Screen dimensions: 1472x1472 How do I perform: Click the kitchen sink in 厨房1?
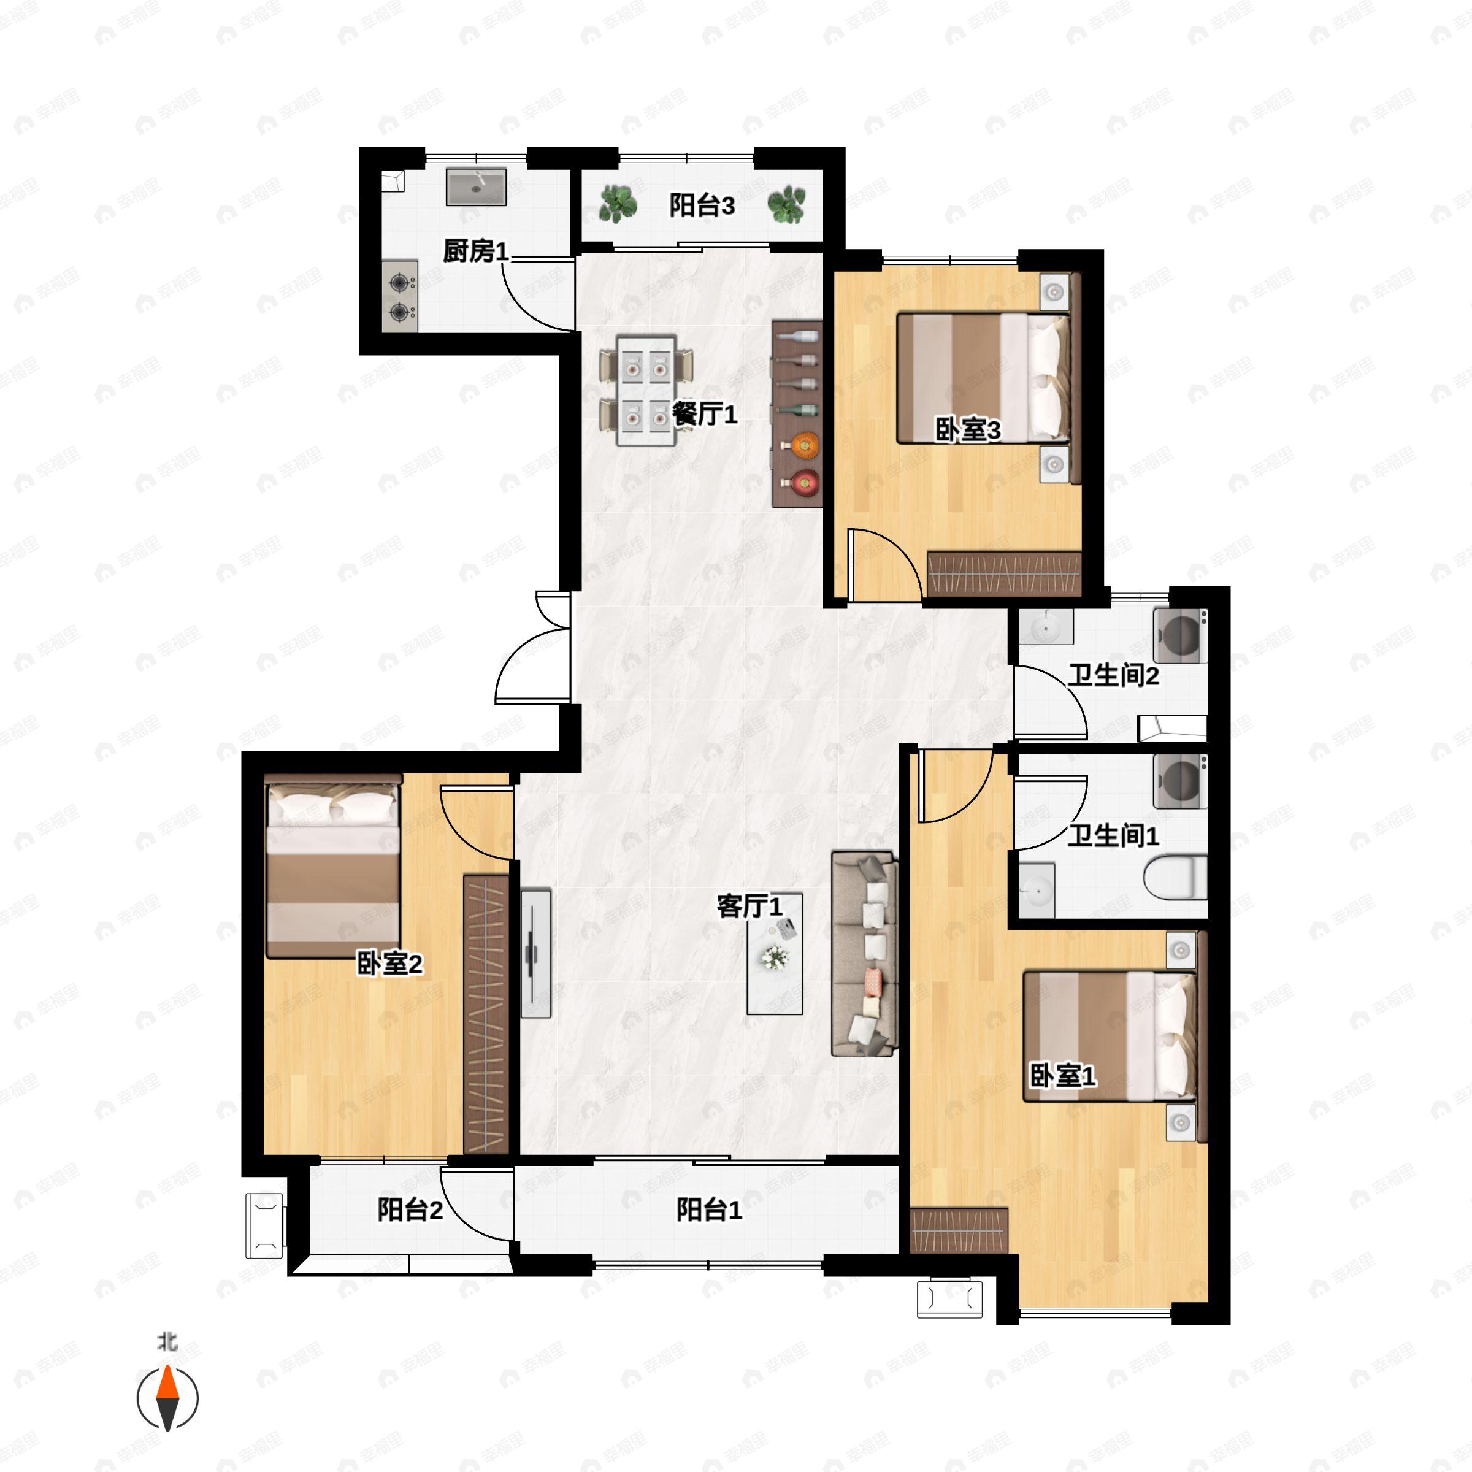click(476, 186)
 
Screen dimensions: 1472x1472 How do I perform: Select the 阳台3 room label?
click(702, 205)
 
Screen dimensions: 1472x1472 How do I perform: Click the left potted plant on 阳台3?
click(617, 204)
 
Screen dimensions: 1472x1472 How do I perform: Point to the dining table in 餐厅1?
click(646, 390)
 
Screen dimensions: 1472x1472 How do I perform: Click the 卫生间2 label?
click(1113, 675)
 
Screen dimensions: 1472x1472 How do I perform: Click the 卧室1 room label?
click(1063, 1076)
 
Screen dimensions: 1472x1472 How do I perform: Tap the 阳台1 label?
click(708, 1209)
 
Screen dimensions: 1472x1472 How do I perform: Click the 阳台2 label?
click(410, 1209)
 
